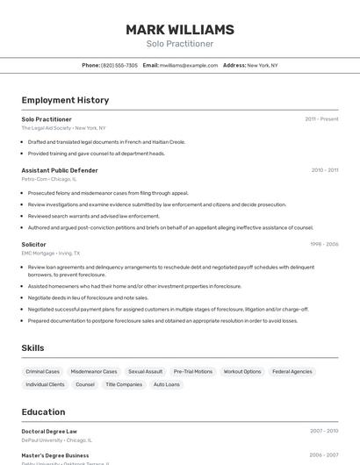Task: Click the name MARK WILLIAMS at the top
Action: coord(180,30)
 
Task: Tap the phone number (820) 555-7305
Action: coord(119,65)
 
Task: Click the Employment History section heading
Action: coord(65,100)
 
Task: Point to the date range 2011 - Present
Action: coord(321,118)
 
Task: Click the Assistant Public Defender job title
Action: coord(60,170)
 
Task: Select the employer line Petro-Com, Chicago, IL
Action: coord(49,179)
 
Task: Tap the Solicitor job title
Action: coord(34,244)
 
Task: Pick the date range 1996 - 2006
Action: coord(324,244)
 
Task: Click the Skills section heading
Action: coord(32,348)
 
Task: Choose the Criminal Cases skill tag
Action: coord(43,372)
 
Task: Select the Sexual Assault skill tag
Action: coord(145,372)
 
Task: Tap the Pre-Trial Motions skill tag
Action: coord(193,372)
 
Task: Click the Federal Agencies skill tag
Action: coord(292,372)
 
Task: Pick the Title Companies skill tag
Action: coord(124,384)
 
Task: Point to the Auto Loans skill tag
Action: coord(167,384)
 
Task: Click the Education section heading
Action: coord(43,411)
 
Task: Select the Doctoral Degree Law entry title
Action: coord(49,431)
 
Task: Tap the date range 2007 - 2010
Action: coord(324,431)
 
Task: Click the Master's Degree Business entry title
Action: coord(55,455)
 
